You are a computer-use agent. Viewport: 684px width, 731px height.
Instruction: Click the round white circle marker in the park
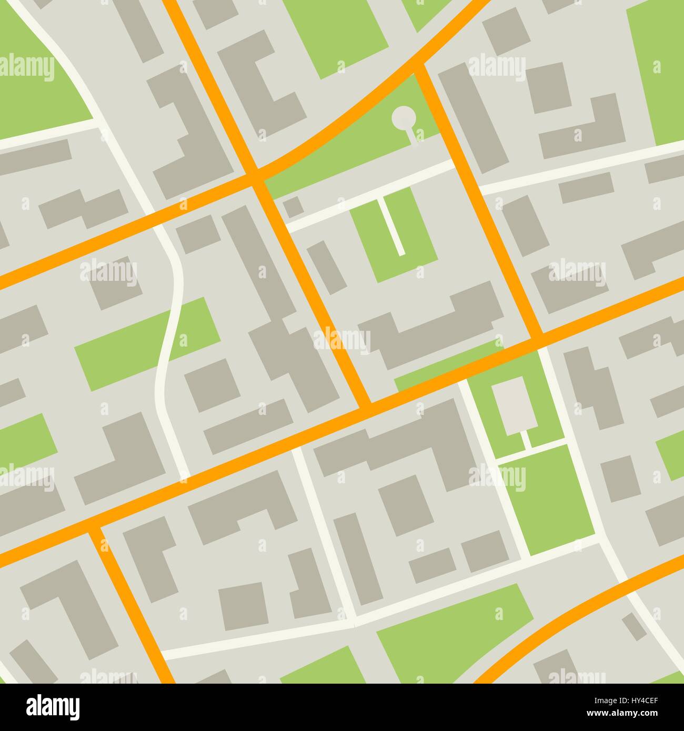pyautogui.click(x=404, y=117)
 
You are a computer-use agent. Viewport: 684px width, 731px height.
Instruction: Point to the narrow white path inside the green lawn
pyautogui.click(x=395, y=227)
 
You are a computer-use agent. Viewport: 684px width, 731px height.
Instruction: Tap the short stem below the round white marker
pyautogui.click(x=413, y=135)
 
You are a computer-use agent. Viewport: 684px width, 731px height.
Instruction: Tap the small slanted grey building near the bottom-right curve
pyautogui.click(x=635, y=626)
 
